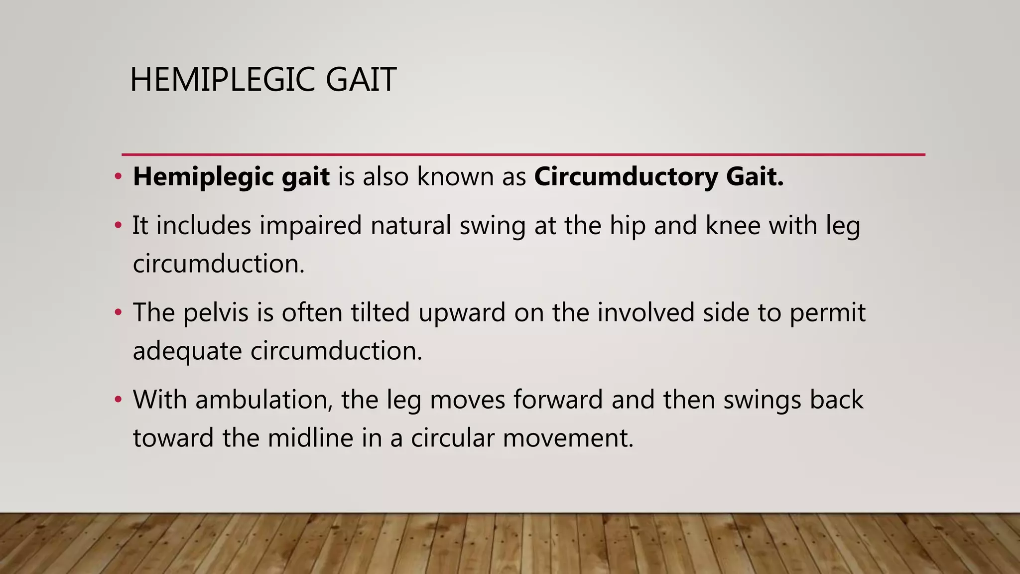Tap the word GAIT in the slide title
coord(361,80)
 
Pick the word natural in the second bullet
coord(410,225)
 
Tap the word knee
coord(733,225)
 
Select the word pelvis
coord(216,313)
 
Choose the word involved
coord(645,313)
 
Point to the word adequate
coord(187,352)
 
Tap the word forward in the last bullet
coord(558,400)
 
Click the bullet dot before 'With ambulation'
coord(118,400)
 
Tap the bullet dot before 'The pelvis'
coord(118,313)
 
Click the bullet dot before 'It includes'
coord(118,226)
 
